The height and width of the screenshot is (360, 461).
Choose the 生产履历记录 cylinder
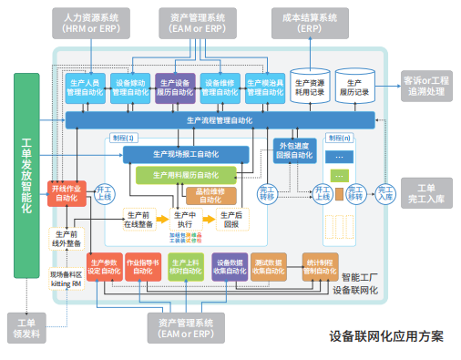click(x=354, y=87)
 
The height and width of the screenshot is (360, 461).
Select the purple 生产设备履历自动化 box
click(x=175, y=87)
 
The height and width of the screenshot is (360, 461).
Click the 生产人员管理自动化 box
click(x=87, y=87)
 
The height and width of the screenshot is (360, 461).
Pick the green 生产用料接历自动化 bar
click(x=189, y=173)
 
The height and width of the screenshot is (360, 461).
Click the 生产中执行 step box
click(x=183, y=219)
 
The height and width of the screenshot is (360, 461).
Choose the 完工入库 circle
click(x=385, y=194)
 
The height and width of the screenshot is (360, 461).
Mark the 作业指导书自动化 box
click(x=143, y=265)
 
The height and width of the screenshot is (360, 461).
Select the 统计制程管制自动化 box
click(x=316, y=265)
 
